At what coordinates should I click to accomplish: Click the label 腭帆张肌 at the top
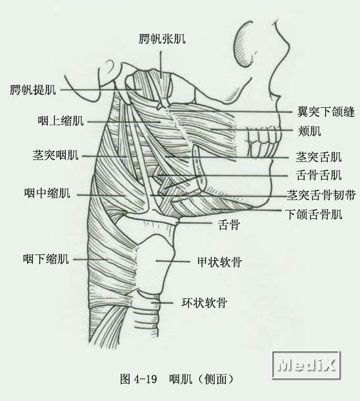tap(162, 39)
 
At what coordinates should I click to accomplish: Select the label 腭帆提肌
tap(33, 90)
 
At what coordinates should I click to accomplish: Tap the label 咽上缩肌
tap(61, 121)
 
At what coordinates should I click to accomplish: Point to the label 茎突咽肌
tap(55, 155)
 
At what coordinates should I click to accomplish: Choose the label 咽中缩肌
tap(47, 193)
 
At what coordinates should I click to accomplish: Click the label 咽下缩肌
tap(46, 259)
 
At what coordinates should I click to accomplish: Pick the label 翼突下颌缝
tap(326, 112)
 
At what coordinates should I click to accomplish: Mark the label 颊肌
tap(309, 131)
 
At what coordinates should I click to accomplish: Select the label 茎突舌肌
tap(319, 157)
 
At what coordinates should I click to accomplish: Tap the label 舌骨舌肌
tap(319, 175)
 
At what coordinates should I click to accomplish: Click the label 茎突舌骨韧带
tap(321, 195)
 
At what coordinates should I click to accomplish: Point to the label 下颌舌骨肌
tap(314, 214)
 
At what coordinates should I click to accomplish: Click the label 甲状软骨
tap(219, 262)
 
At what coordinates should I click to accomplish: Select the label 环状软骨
tap(204, 303)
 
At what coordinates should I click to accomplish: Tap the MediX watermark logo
tap(306, 365)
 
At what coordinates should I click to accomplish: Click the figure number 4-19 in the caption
tap(145, 379)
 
